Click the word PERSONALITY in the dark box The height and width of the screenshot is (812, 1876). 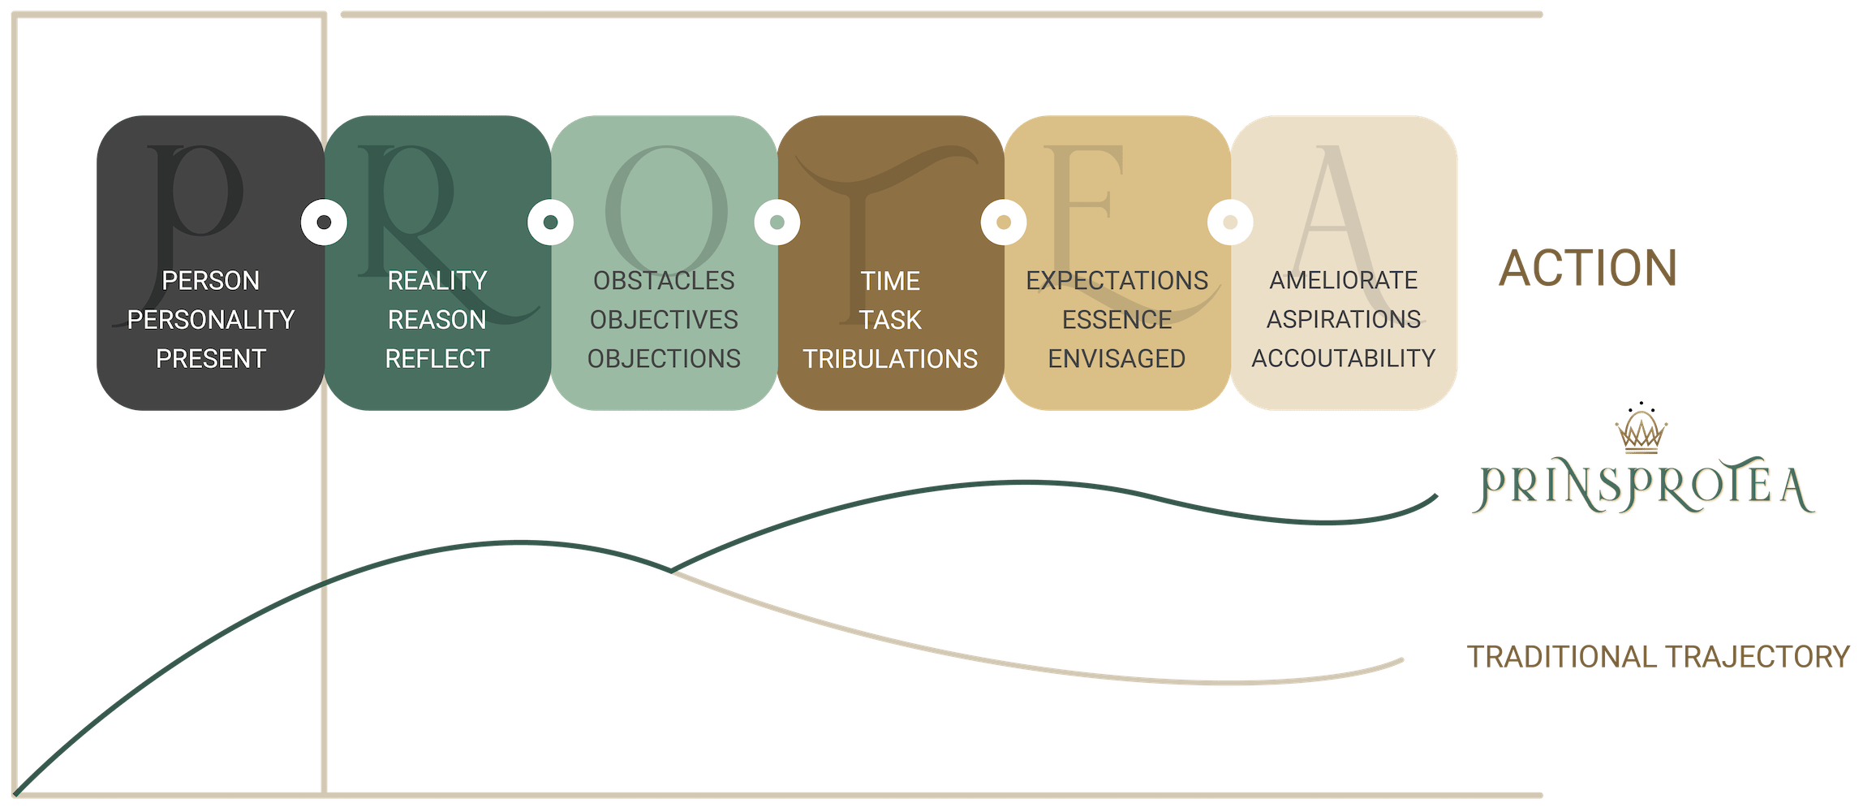(x=211, y=320)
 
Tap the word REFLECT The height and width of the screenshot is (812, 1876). (x=437, y=359)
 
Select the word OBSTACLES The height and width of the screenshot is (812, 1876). (x=664, y=281)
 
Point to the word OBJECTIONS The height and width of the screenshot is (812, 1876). (x=664, y=359)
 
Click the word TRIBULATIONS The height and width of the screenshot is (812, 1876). (x=890, y=359)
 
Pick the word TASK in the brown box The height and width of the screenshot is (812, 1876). (x=890, y=320)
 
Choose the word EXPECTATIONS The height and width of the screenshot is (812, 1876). (x=1117, y=281)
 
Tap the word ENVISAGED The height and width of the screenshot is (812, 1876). (x=1117, y=359)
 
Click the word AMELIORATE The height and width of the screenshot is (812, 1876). (x=1343, y=281)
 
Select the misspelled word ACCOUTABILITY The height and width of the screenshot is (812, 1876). (x=1343, y=359)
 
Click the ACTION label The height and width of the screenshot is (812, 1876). (x=1588, y=269)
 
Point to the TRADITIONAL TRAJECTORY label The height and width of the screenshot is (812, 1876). (x=1659, y=656)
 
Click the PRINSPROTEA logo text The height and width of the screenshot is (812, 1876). (x=1644, y=489)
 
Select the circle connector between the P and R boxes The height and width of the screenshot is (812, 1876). (x=324, y=222)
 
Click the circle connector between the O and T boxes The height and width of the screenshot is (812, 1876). (x=777, y=222)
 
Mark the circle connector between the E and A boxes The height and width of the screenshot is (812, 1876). (x=1230, y=222)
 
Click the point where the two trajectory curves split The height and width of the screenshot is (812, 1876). (x=673, y=571)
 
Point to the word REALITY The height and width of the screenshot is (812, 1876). (x=437, y=281)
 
